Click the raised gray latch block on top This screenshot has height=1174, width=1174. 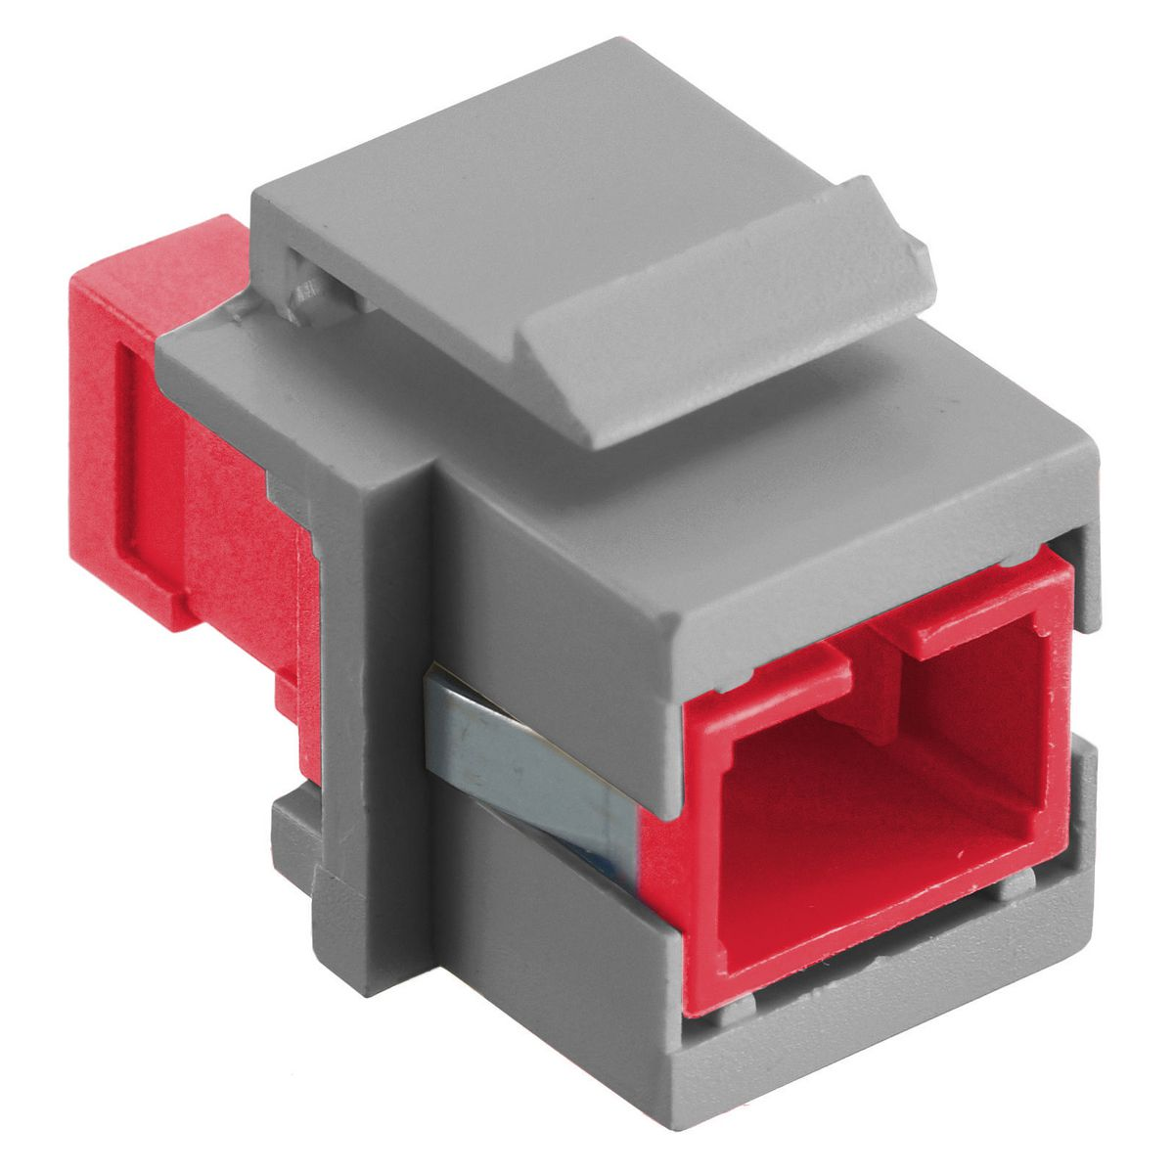pyautogui.click(x=724, y=293)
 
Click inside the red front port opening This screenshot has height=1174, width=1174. pyautogui.click(x=861, y=802)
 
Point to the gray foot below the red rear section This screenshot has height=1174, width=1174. pyautogui.click(x=293, y=832)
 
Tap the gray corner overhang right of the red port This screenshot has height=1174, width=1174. pyautogui.click(x=1076, y=558)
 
